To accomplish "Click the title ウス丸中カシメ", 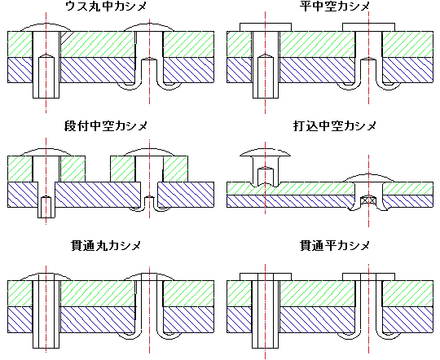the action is pos(106,7).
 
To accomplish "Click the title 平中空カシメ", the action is pos(335,7).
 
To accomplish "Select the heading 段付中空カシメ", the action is pos(106,126).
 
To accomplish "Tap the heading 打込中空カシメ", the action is pos(335,126).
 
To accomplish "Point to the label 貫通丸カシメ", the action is pos(106,246).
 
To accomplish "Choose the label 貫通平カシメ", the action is pos(335,246).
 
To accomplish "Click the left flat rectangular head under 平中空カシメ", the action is pos(266,27).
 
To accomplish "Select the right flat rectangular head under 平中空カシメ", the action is pos(369,27).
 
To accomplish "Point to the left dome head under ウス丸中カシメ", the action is pos(46,27).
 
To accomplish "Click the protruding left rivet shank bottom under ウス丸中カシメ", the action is pos(46,90).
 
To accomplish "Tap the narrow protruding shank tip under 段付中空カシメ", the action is pos(46,213).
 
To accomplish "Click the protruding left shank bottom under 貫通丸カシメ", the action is pos(46,340).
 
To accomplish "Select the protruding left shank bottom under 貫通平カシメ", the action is pos(266,340).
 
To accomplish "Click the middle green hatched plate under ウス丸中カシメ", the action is pos(98,44).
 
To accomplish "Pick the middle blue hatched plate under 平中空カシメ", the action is pos(317,70).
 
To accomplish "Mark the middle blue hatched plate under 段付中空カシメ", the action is pos(98,195).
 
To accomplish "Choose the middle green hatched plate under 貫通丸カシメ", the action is pos(98,293).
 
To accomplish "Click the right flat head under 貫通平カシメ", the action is pos(369,277).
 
